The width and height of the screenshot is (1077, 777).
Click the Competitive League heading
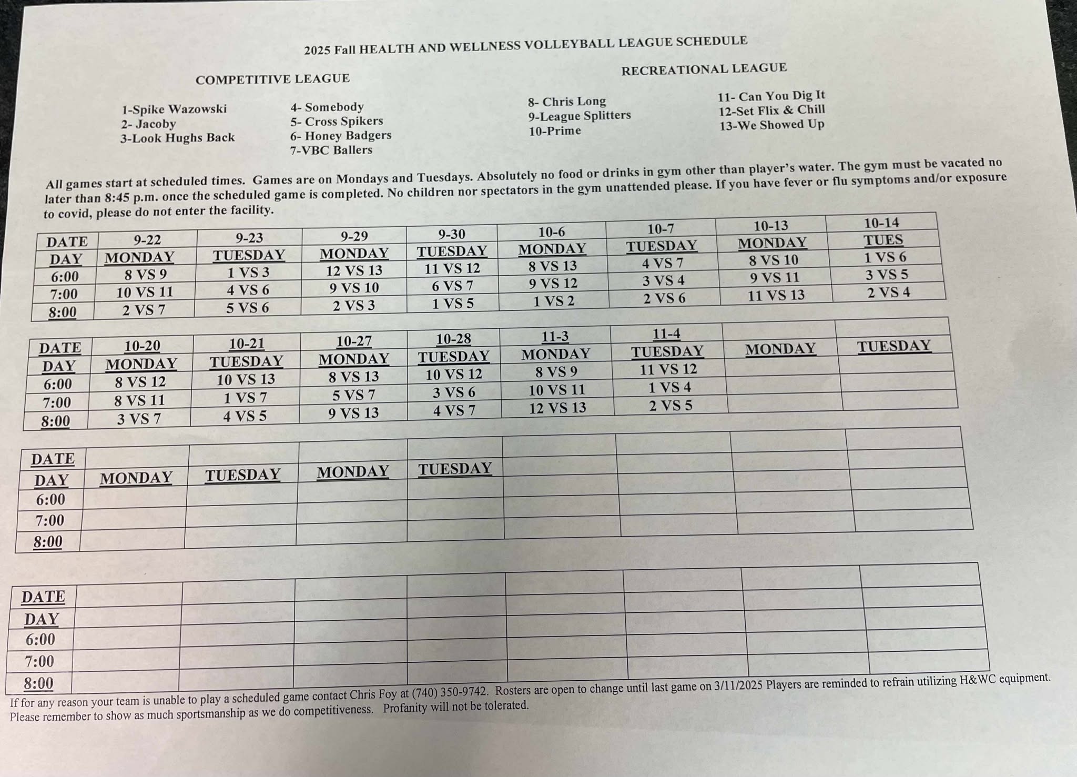pos(272,79)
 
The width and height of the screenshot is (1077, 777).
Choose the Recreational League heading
pos(704,69)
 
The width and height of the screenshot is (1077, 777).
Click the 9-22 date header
pos(147,240)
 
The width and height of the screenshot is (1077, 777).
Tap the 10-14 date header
pos(881,223)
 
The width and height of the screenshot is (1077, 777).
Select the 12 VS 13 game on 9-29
pos(354,270)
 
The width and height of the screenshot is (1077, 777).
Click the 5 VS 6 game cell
pos(247,308)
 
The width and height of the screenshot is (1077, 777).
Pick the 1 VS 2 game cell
pos(554,301)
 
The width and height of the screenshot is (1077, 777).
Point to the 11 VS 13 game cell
pos(776,295)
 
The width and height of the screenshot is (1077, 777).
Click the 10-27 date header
pos(354,341)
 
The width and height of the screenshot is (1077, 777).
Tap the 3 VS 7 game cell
pos(139,419)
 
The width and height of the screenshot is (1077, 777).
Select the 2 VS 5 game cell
pos(670,406)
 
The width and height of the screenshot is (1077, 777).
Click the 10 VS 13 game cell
pos(246,379)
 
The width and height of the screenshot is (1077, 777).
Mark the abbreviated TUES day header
pos(883,240)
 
